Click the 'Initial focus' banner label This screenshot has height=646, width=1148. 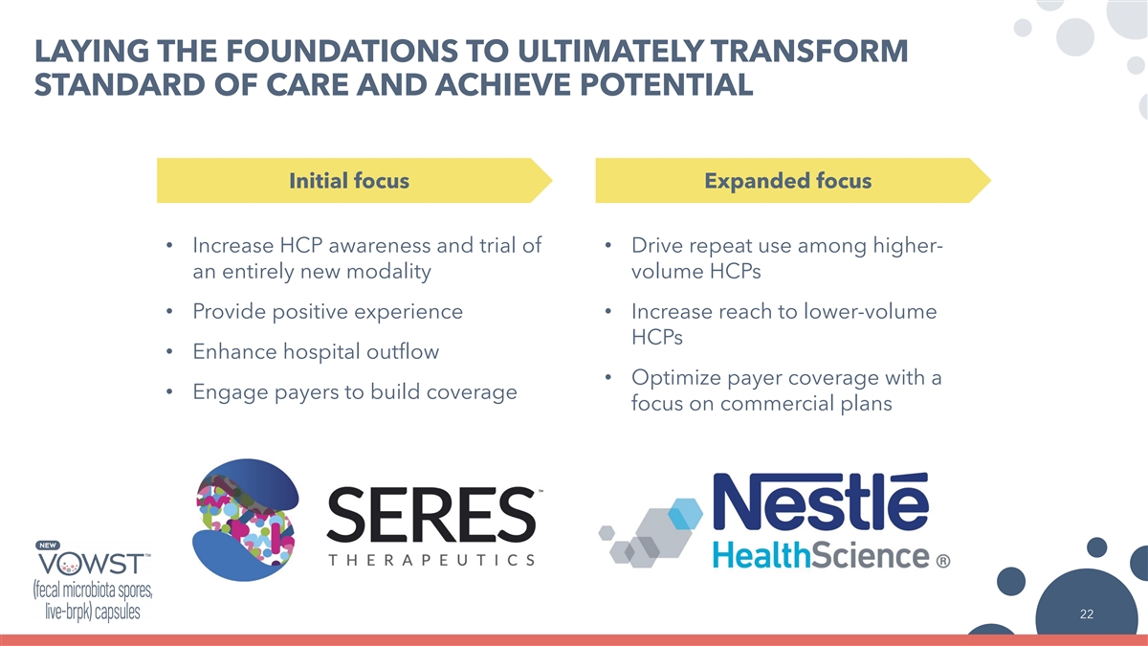(x=349, y=181)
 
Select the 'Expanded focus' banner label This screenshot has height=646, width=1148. (x=787, y=181)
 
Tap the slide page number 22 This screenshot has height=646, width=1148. (x=1087, y=614)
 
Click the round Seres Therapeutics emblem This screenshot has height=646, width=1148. (x=246, y=520)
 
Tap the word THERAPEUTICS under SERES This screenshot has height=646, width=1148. (x=431, y=559)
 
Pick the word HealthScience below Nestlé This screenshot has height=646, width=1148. (x=821, y=555)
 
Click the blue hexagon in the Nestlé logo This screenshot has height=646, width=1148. (x=686, y=513)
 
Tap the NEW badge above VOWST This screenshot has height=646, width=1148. (x=48, y=546)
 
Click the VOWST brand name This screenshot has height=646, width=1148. (x=92, y=565)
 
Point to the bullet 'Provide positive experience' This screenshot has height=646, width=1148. (x=327, y=312)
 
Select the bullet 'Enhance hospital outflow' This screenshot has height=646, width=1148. (x=316, y=352)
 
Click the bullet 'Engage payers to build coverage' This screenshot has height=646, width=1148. (x=355, y=392)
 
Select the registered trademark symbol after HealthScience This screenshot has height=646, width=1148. (x=943, y=561)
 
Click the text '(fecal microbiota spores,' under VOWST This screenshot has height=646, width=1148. (x=93, y=590)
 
